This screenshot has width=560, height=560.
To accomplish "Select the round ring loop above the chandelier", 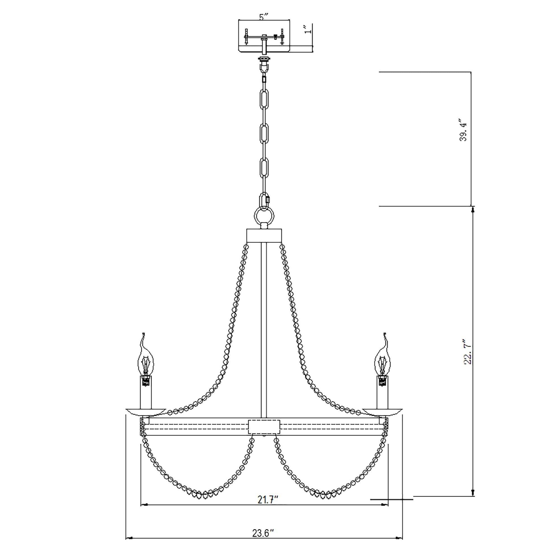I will (263, 216).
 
